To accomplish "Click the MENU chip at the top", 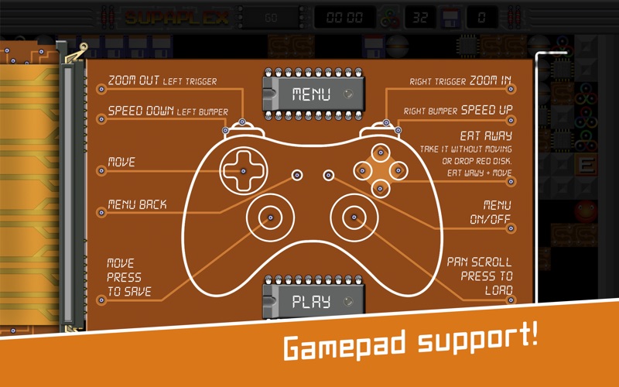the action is pyautogui.click(x=313, y=94).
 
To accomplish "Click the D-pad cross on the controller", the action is pyautogui.click(x=243, y=171).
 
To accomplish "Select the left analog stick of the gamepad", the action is pyautogui.click(x=270, y=217).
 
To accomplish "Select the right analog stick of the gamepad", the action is pyautogui.click(x=354, y=217).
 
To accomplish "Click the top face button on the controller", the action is pyautogui.click(x=381, y=152).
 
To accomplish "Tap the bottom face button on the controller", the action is pyautogui.click(x=380, y=189).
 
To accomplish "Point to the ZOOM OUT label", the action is pyautogui.click(x=134, y=80).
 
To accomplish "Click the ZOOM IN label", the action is pyautogui.click(x=491, y=80).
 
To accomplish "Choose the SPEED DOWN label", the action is pyautogui.click(x=141, y=111).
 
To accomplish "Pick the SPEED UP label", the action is pyautogui.click(x=487, y=110).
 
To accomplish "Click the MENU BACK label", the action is pyautogui.click(x=138, y=204).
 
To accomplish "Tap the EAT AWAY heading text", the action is pyautogui.click(x=486, y=136).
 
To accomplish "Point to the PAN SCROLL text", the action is pyautogui.click(x=479, y=262).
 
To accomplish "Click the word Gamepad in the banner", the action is pyautogui.click(x=344, y=344).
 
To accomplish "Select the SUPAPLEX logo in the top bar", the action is pyautogui.click(x=177, y=18).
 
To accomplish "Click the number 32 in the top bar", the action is pyautogui.click(x=419, y=17).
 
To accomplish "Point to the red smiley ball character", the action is pyautogui.click(x=586, y=211).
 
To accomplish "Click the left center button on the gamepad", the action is pyautogui.click(x=297, y=175).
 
